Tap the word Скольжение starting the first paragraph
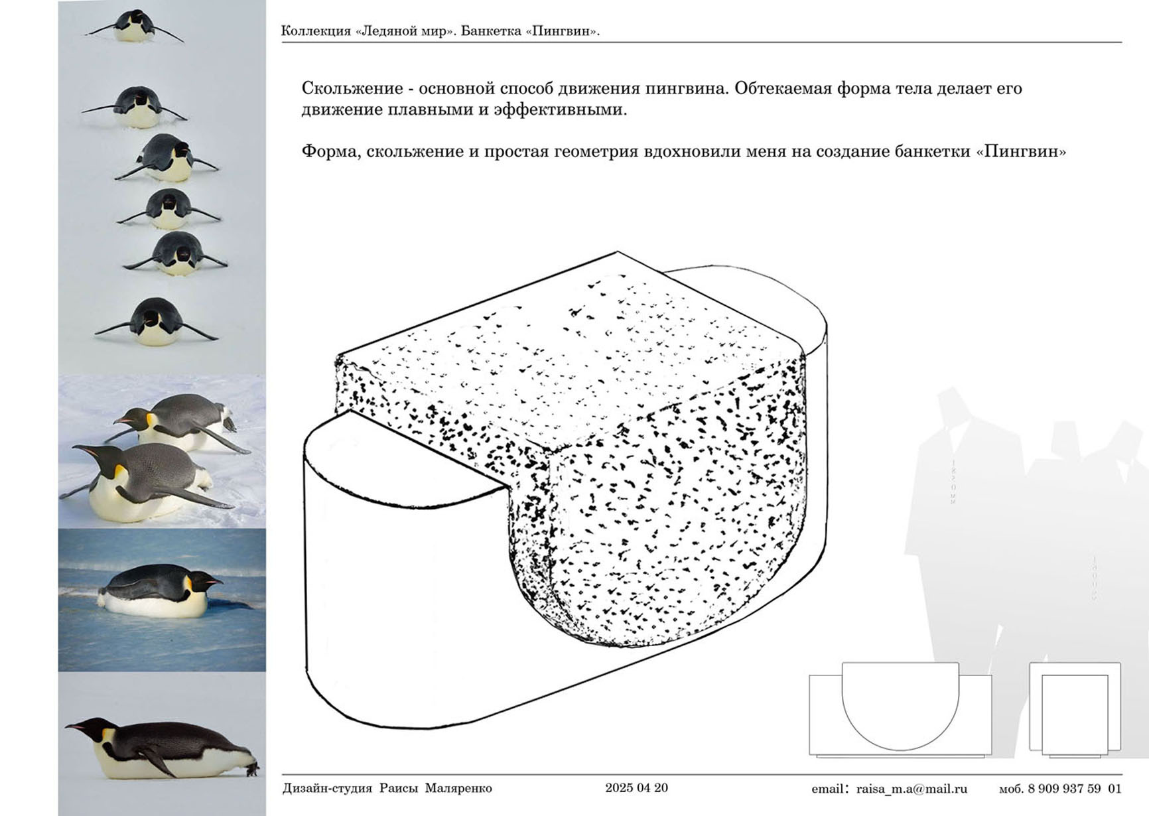tap(352, 88)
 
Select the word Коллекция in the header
tap(316, 31)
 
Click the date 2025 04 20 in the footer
tap(636, 788)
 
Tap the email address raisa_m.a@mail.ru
tap(912, 789)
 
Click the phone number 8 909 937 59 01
tap(1075, 789)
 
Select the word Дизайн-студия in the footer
tap(327, 789)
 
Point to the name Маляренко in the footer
tap(458, 789)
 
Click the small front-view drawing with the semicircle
tap(900, 709)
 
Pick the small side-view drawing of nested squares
tap(1075, 709)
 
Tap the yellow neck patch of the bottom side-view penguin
tap(106, 734)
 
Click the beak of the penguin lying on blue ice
tap(212, 582)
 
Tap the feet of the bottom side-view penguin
tap(251, 770)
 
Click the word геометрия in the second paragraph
tap(604, 152)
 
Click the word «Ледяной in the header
tap(386, 31)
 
